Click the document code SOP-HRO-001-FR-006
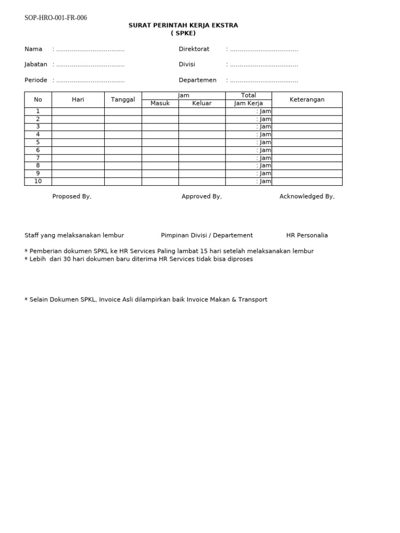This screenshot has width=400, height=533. pyautogui.click(x=56, y=18)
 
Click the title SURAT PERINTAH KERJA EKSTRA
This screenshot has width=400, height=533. pyautogui.click(x=183, y=26)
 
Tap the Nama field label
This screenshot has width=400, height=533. pyautogui.click(x=33, y=49)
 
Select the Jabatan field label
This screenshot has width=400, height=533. pyautogui.click(x=35, y=65)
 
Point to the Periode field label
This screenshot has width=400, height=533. pyautogui.click(x=35, y=80)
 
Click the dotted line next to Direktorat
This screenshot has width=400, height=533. pyautogui.click(x=264, y=49)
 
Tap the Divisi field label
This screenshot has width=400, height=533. pyautogui.click(x=187, y=65)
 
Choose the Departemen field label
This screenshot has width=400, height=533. pyautogui.click(x=197, y=80)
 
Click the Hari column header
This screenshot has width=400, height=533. pyautogui.click(x=78, y=99)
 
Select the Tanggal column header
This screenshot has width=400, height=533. pyautogui.click(x=123, y=99)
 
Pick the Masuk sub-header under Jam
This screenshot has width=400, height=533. pyautogui.click(x=160, y=103)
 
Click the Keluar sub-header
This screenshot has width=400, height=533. pyautogui.click(x=202, y=103)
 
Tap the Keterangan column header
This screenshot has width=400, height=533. pyautogui.click(x=307, y=99)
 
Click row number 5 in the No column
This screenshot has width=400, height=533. pyautogui.click(x=38, y=142)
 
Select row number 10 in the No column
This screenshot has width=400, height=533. pyautogui.click(x=38, y=181)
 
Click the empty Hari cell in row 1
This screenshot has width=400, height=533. pyautogui.click(x=78, y=111)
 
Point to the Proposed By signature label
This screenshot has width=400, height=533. pyautogui.click(x=72, y=196)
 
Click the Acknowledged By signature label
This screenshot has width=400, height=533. pyautogui.click(x=307, y=196)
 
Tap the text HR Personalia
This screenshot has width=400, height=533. pyautogui.click(x=307, y=235)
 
